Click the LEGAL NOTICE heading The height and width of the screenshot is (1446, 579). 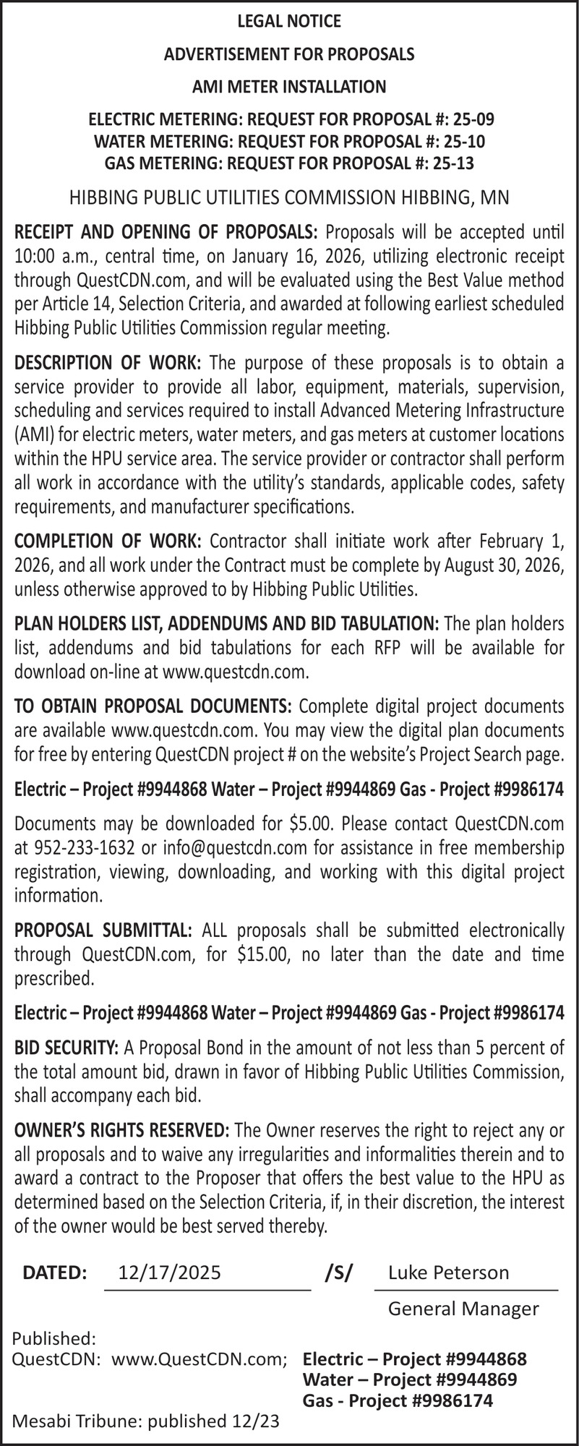click(289, 22)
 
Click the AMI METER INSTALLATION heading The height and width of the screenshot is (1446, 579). click(289, 87)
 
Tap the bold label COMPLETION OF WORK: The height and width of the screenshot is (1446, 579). click(108, 541)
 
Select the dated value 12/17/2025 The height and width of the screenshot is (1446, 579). click(170, 1272)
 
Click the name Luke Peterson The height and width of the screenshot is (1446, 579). click(448, 1272)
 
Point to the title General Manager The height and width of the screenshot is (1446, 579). click(463, 1308)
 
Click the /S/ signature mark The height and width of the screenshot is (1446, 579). click(339, 1272)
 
